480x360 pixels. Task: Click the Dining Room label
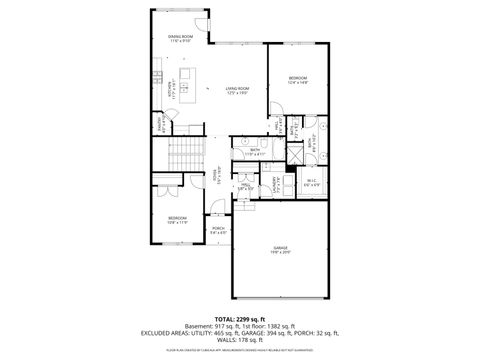[x=180, y=38]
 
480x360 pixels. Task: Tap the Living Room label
[x=236, y=90]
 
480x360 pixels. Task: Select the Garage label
[x=281, y=249]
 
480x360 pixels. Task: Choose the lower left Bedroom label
[x=176, y=219]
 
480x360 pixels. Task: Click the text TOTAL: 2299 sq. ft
[x=240, y=317]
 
